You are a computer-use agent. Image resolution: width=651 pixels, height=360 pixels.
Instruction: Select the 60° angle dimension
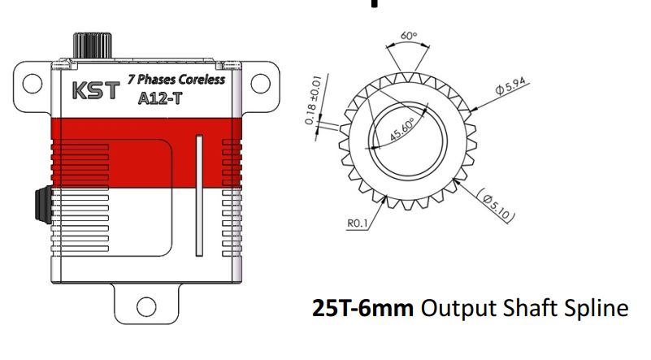pyautogui.click(x=408, y=37)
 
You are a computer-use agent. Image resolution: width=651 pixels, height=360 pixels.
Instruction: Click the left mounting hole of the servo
pyautogui.click(x=33, y=82)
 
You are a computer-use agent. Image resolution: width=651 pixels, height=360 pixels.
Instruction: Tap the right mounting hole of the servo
pyautogui.click(x=259, y=82)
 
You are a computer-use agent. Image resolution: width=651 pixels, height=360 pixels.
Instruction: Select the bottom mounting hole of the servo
pyautogui.click(x=146, y=306)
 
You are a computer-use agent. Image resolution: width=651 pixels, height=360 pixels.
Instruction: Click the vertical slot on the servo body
pyautogui.click(x=198, y=195)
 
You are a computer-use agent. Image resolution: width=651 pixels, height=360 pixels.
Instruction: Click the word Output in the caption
pyautogui.click(x=460, y=310)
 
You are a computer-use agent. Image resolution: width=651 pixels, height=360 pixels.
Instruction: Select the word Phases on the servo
pyautogui.click(x=155, y=80)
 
